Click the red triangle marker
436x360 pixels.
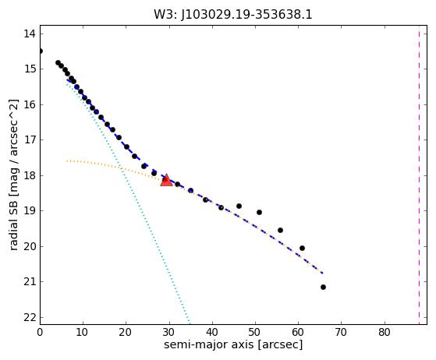tap(166, 180)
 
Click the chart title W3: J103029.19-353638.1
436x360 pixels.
tap(233, 15)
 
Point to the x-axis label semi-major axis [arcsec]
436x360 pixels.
tap(233, 344)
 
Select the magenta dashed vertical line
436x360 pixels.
tap(419, 175)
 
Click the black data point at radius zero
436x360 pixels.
tap(40, 51)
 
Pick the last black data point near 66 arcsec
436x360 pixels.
tap(323, 287)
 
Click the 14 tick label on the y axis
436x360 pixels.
tap(30, 34)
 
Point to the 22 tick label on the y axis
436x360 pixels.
tap(30, 317)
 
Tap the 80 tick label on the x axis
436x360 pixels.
tap(385, 332)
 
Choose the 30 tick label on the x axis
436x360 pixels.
tap(169, 332)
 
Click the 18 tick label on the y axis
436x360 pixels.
tap(30, 175)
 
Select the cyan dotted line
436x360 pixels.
tap(128, 203)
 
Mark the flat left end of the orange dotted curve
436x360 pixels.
tap(67, 161)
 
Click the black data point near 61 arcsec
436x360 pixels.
tap(302, 248)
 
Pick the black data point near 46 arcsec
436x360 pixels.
tap(239, 206)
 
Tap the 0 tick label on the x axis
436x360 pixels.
tap(40, 332)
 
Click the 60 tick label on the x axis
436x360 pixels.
tap(299, 332)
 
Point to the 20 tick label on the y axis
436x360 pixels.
tap(30, 246)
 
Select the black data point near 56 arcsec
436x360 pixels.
tap(280, 230)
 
